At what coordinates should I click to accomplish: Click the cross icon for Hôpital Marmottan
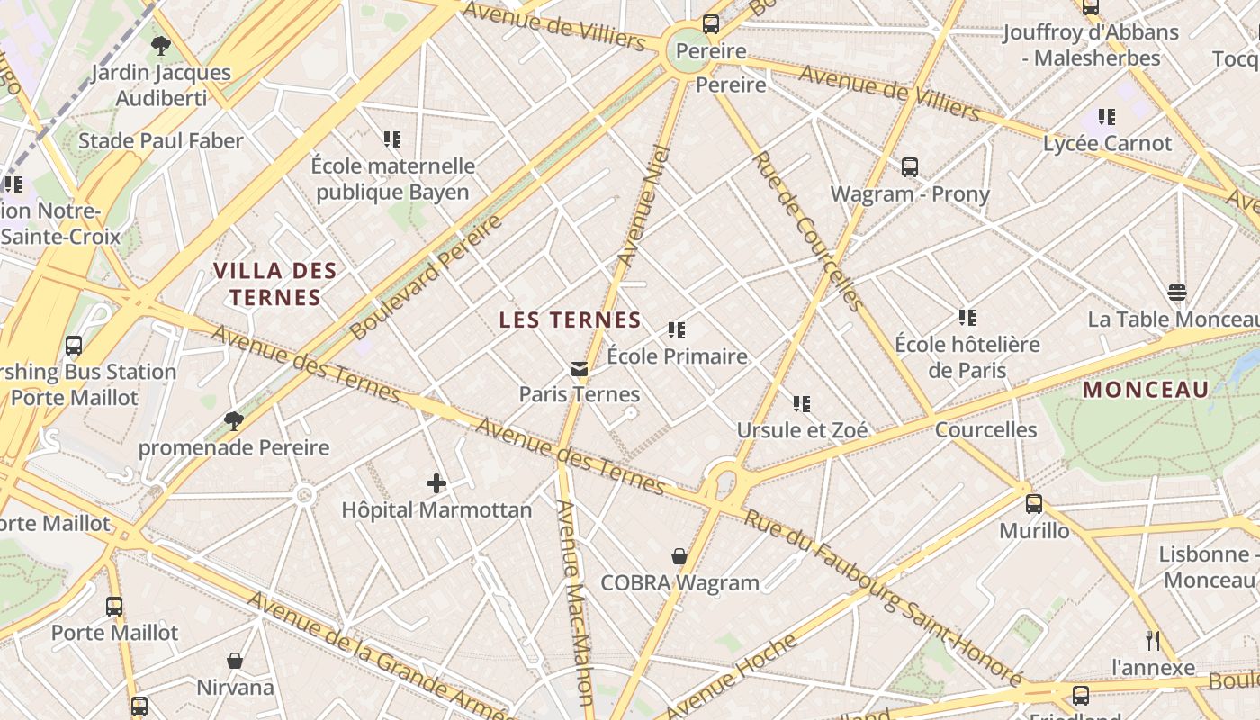tap(436, 484)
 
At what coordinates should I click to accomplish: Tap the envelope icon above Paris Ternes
tap(579, 369)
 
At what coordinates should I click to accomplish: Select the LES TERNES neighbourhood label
tap(570, 319)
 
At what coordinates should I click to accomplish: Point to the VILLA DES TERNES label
tap(275, 283)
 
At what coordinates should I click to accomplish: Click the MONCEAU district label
tap(1146, 390)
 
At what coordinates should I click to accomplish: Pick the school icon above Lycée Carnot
tap(1107, 117)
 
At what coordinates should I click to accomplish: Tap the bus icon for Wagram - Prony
tap(910, 167)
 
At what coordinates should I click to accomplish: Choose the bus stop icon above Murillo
tap(1034, 504)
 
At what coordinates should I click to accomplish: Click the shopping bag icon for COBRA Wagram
tap(679, 557)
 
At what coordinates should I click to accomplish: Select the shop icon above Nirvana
tap(235, 661)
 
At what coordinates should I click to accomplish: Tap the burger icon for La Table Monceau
tap(1176, 292)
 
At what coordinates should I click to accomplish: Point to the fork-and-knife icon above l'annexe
tap(1153, 641)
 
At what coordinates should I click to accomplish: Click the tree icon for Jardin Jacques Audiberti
tap(161, 46)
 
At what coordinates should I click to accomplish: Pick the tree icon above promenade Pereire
tap(234, 421)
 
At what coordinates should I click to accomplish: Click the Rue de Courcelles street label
tap(807, 230)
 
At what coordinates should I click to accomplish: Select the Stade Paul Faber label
tap(161, 141)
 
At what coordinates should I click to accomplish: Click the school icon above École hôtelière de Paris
tap(967, 318)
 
